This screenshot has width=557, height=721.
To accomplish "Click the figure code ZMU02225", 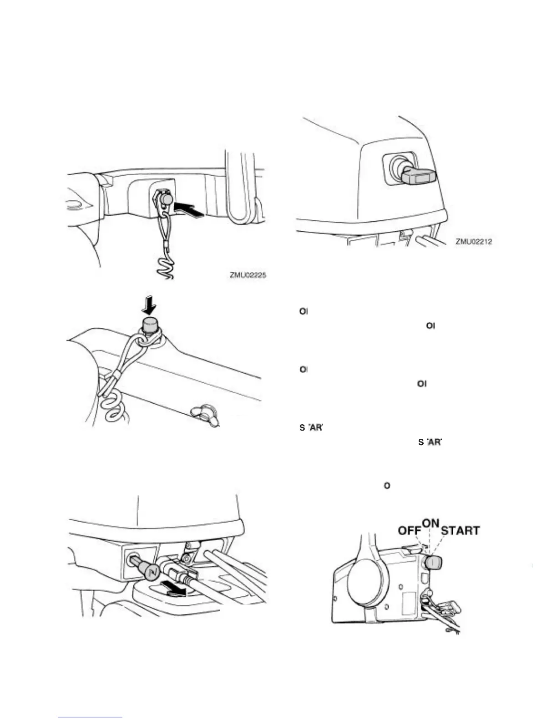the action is tap(248, 275).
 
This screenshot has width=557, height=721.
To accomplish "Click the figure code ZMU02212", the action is tap(473, 241).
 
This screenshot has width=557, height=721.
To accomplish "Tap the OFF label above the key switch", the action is tap(409, 531).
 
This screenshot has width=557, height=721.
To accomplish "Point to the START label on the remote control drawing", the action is tap(460, 531).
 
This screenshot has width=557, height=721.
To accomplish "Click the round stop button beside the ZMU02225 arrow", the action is tap(166, 200).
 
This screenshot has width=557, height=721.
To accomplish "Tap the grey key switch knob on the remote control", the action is tap(433, 563).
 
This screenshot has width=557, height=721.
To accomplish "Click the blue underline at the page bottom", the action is tap(91, 717).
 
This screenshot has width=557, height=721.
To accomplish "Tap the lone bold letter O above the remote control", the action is tap(387, 486).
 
